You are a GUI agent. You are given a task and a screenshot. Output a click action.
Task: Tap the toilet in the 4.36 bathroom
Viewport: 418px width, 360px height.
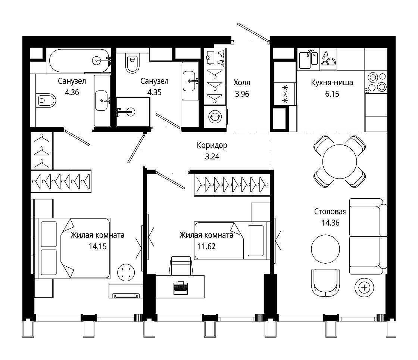pos(46,100)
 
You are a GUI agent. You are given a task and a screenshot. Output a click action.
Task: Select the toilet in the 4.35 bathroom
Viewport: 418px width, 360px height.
pos(132,63)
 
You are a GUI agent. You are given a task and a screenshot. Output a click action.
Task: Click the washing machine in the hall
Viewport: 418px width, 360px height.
pos(215,116)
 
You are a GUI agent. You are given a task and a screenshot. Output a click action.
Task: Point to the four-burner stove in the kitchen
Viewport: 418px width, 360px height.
pos(376,82)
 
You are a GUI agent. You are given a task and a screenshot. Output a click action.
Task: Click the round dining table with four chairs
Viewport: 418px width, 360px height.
pos(339,161)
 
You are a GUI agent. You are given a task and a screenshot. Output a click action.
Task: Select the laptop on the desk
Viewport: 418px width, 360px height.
pos(181,288)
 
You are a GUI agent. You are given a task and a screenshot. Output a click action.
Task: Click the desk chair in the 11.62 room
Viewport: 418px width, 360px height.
pos(181,266)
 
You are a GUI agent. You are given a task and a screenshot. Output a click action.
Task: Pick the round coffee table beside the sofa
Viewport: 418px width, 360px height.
pos(325,249)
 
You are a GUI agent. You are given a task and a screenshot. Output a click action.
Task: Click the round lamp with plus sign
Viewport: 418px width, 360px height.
pos(364,288)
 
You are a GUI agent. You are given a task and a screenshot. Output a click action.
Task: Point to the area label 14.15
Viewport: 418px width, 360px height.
pos(97,246)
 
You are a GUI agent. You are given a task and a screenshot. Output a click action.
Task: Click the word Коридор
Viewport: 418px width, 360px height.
pos(212,145)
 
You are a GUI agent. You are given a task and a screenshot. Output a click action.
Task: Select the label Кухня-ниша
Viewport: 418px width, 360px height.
pos(332,83)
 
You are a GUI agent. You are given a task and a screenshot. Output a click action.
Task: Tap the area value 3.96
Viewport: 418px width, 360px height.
pos(242,94)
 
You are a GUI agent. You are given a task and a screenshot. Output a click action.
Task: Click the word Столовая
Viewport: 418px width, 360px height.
pos(330,211)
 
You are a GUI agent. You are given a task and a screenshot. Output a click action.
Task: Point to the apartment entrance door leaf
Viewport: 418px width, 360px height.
pos(253,32)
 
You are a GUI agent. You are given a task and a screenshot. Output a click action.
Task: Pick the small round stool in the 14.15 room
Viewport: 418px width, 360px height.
pos(126,272)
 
